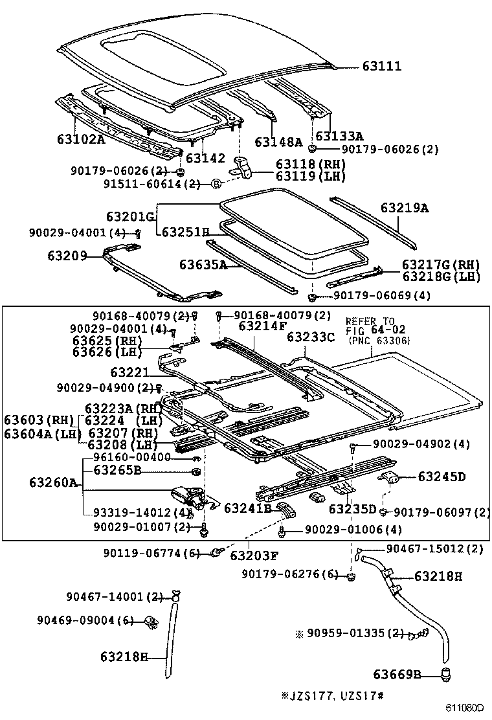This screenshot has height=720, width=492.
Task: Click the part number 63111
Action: click(x=381, y=66)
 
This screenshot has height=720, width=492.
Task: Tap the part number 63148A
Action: click(x=278, y=142)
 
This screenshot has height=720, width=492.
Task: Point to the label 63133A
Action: click(x=339, y=137)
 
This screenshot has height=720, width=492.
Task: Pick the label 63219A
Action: click(x=405, y=208)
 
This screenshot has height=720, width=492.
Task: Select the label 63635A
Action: click(x=203, y=264)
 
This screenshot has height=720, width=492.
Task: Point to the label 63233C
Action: click(x=311, y=337)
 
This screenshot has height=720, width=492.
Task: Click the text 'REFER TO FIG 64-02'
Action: click(x=370, y=325)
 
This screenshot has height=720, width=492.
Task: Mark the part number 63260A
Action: click(x=54, y=483)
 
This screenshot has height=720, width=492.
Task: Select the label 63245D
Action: click(x=442, y=477)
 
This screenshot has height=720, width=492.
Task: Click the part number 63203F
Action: click(x=254, y=555)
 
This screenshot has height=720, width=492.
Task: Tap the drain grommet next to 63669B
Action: click(x=445, y=675)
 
